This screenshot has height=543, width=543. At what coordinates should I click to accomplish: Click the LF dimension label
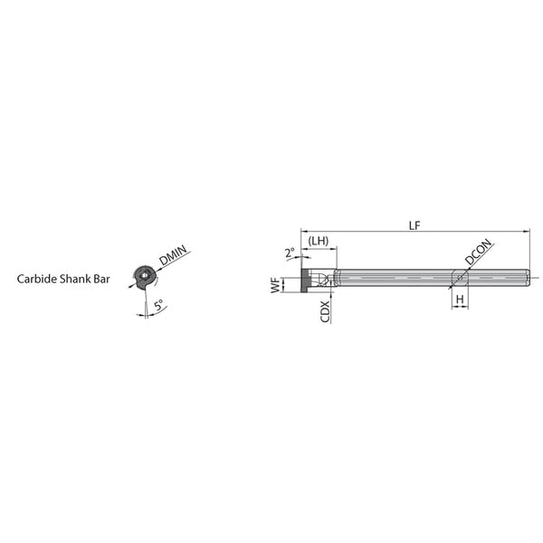(x=414, y=225)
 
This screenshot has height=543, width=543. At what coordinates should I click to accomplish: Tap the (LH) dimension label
(x=319, y=241)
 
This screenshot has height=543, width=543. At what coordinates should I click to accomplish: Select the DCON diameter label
(x=478, y=252)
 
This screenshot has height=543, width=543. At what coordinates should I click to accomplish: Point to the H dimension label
(x=460, y=300)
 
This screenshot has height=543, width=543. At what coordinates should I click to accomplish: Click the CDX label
(x=325, y=311)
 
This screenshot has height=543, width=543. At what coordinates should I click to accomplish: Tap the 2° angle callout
(x=291, y=252)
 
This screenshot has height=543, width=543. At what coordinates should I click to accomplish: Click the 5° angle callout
(x=158, y=305)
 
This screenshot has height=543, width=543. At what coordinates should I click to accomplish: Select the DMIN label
(x=173, y=255)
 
